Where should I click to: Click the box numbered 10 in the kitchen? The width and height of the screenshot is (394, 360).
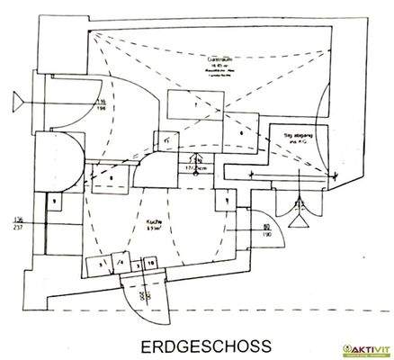point(151,263)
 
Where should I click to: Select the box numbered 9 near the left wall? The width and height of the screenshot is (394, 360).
point(55,200)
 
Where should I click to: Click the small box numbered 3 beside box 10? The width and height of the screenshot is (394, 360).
point(136,263)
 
